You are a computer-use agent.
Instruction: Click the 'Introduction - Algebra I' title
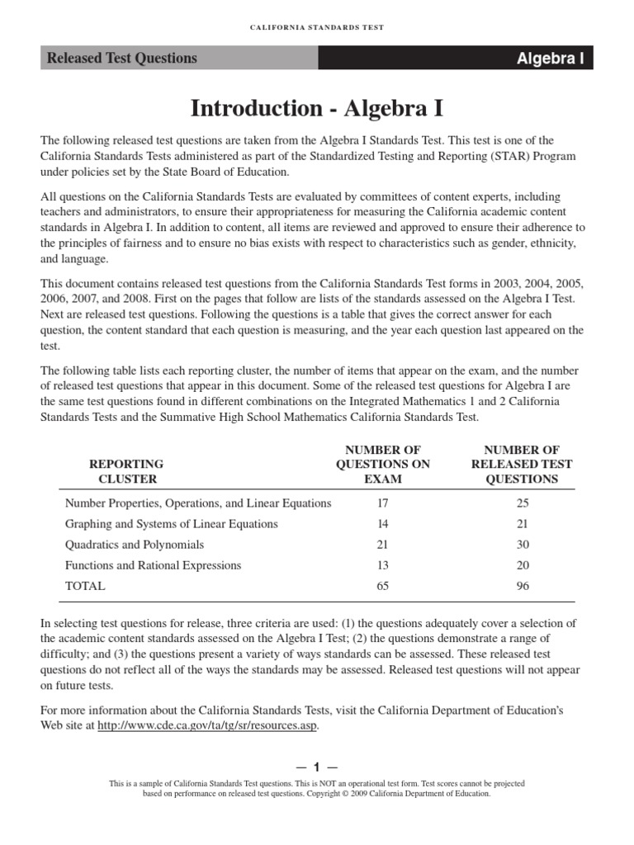[317, 108]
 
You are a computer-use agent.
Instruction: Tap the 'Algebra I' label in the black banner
[550, 59]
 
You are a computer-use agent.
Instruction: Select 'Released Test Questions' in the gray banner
[121, 59]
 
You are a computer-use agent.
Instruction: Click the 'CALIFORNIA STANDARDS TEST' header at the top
[317, 27]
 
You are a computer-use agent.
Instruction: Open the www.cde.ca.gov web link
[207, 726]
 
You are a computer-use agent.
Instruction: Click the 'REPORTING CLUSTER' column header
[126, 471]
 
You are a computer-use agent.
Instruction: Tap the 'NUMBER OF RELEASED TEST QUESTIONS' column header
[521, 464]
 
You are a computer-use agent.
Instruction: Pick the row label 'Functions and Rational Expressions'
[153, 565]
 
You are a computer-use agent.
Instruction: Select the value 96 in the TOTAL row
[521, 586]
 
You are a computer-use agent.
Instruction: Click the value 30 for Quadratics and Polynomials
[521, 545]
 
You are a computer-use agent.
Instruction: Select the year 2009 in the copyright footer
[352, 793]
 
